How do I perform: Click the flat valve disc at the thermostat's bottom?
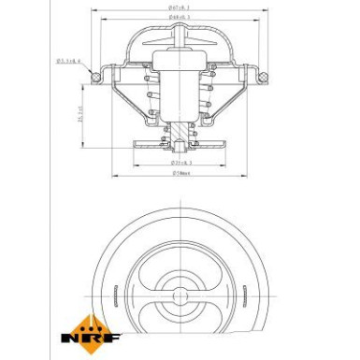(x=178, y=147)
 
